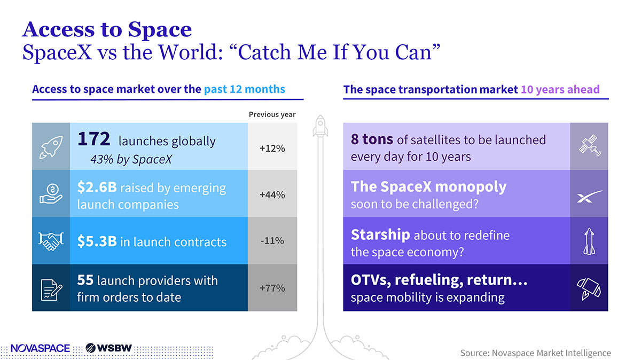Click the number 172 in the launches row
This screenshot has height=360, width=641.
tap(93, 139)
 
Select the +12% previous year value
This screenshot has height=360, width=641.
tap(272, 148)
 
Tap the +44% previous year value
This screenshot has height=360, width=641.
tap(272, 195)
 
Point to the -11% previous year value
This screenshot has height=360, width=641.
tap(272, 241)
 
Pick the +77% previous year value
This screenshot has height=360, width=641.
tap(272, 288)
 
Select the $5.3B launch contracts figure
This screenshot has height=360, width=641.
tap(97, 242)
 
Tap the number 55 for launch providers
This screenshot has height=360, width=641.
tap(86, 280)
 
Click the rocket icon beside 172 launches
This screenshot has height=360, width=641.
tap(51, 147)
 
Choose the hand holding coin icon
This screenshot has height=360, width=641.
tap(51, 194)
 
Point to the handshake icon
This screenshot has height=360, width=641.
tap(51, 241)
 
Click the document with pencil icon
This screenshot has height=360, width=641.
tap(51, 288)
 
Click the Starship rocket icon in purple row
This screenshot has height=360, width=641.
tap(589, 241)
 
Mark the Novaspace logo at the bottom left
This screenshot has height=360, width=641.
tap(40, 348)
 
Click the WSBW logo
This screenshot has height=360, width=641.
tap(108, 348)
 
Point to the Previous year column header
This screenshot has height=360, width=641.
tap(272, 114)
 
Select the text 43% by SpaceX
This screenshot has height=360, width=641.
tap(131, 159)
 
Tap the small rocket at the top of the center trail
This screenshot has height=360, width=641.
tap(320, 123)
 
